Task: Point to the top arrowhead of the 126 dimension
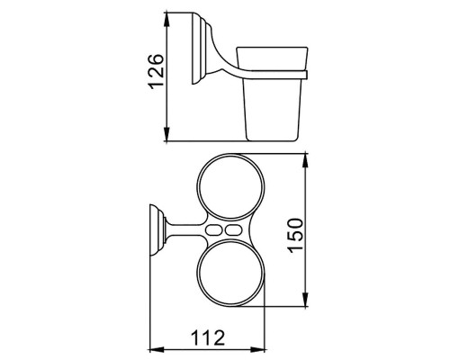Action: [x=167, y=19]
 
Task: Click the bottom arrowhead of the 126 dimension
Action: [x=167, y=139]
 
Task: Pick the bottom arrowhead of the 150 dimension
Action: [x=309, y=306]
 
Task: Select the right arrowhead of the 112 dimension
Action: [x=265, y=347]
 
